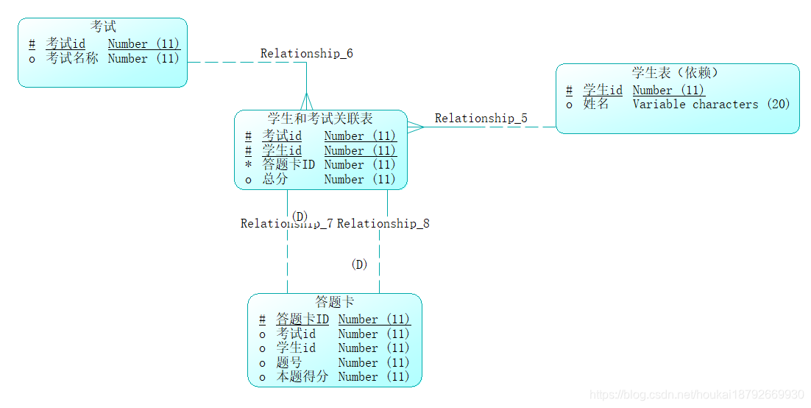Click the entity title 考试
click(103, 27)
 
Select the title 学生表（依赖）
click(675, 73)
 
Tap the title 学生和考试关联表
click(320, 119)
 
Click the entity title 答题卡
click(335, 302)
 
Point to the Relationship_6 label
click(306, 54)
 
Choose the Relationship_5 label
click(481, 118)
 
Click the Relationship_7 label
click(286, 224)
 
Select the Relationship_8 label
click(383, 224)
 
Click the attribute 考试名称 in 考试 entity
click(72, 58)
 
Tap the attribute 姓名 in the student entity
click(596, 105)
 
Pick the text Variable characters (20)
click(711, 105)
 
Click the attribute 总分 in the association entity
click(275, 179)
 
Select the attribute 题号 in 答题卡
click(289, 362)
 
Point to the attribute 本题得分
click(302, 377)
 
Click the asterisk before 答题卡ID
click(248, 165)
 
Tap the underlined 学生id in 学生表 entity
click(603, 91)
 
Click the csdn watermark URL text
click(696, 395)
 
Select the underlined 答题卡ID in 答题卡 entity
click(302, 320)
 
